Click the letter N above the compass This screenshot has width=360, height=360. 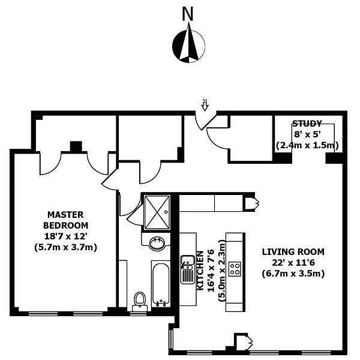coord(188,14)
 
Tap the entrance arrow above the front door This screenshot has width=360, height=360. coord(205,105)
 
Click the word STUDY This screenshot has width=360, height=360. coord(307,124)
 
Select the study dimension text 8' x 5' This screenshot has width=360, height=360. coord(307,134)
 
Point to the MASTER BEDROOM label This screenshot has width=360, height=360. coord(65,220)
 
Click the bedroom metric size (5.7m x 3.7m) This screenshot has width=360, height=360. coord(65,247)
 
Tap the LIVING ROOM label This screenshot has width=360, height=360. coord(293,252)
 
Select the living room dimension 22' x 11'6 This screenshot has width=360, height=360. coord(293,263)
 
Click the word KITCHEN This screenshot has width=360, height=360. coord(200,271)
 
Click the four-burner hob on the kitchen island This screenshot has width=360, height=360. coord(235,269)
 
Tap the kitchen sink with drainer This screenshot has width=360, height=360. coord(187,269)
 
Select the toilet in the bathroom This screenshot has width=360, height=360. coord(140,302)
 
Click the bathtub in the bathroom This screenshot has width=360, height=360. coord(161,284)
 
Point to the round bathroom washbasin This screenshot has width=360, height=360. coord(157,243)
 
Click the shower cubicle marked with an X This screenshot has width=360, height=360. coord(157,212)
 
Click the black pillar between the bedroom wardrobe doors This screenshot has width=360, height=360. coord(76,146)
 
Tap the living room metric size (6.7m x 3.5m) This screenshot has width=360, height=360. coord(293,274)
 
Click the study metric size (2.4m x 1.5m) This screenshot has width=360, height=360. coord(307,145)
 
